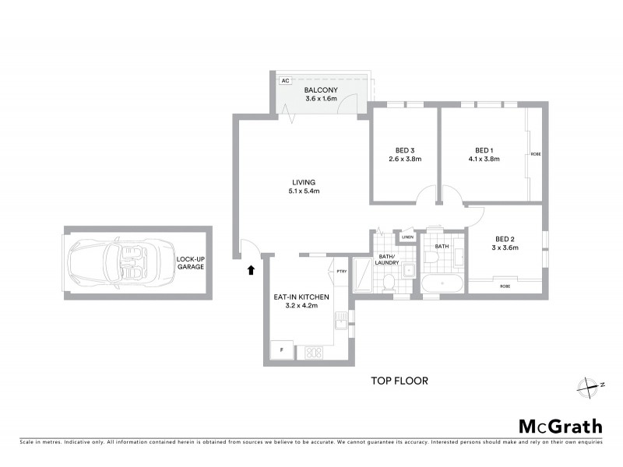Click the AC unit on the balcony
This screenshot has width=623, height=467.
click(285, 80)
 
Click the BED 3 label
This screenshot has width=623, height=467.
click(404, 149)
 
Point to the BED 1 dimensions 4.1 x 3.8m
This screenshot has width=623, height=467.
click(484, 159)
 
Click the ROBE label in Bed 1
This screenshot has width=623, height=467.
click(535, 155)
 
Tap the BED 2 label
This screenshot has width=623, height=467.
click(505, 239)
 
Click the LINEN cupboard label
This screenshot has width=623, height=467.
click(407, 237)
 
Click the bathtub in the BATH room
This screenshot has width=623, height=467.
click(442, 283)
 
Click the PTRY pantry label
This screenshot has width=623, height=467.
click(341, 271)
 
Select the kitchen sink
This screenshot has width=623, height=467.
click(340, 320)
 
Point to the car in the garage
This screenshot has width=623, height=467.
click(110, 262)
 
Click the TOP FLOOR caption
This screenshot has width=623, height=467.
click(399, 381)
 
